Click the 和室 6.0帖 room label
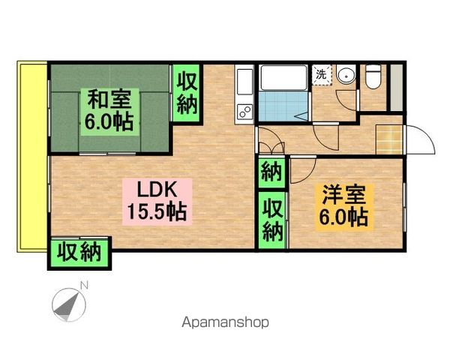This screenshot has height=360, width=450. [108, 110]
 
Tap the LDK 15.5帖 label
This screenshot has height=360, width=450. [158, 199]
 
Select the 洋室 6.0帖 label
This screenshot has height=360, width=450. [343, 206]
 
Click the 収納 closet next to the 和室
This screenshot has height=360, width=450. [187, 92]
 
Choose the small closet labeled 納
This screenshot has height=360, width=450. [271, 174]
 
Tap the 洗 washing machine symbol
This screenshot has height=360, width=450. [321, 75]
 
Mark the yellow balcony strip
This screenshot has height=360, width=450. [31, 157]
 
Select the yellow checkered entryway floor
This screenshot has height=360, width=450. [389, 139]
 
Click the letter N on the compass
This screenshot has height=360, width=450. [84, 285]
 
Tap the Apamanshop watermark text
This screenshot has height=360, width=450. [224, 323]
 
